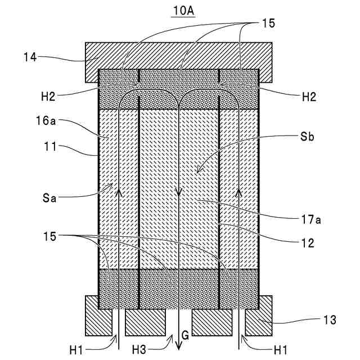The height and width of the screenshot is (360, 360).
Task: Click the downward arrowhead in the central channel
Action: click(179, 192)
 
